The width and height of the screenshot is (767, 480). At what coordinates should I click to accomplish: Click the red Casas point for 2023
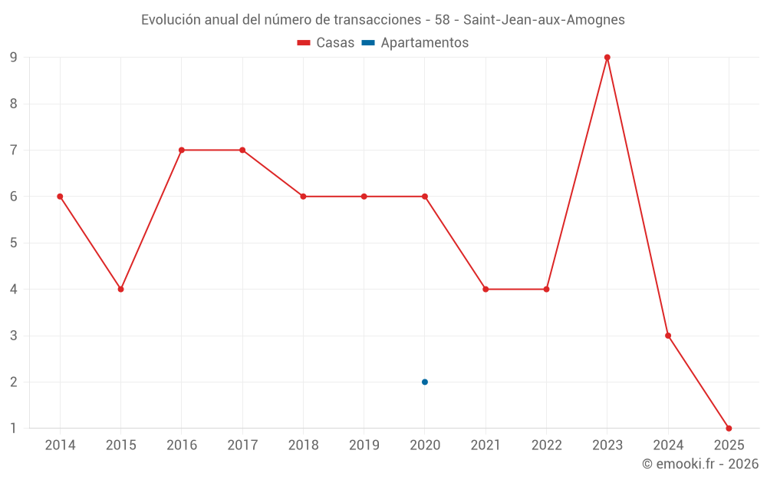[607, 58]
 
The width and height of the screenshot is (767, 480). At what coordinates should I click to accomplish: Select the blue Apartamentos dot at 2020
[425, 382]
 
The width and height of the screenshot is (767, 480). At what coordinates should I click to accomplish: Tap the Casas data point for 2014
[60, 197]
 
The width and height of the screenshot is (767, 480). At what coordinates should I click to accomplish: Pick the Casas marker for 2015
[120, 290]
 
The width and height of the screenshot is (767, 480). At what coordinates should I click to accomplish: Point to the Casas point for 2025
[729, 429]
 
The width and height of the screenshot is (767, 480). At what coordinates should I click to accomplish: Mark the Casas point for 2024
[668, 336]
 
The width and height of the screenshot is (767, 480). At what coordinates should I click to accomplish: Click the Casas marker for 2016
[182, 150]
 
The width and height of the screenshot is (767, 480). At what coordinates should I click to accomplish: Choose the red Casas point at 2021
[486, 290]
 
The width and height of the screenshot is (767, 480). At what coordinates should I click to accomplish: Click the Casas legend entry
[326, 43]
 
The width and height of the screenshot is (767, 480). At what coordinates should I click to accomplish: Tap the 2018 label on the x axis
[303, 445]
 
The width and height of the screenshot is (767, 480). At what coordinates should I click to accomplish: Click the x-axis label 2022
[546, 445]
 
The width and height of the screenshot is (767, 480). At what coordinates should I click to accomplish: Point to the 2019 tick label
[364, 445]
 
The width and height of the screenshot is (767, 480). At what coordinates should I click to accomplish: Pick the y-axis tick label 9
[13, 58]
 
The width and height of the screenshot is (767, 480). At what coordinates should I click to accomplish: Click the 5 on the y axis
[13, 243]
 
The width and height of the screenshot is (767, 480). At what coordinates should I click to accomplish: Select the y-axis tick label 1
[13, 429]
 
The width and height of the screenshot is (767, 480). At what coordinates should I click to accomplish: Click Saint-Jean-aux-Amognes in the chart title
[545, 20]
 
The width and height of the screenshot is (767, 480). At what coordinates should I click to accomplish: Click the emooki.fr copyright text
[700, 464]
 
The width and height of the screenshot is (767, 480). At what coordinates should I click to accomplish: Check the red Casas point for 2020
[425, 197]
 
